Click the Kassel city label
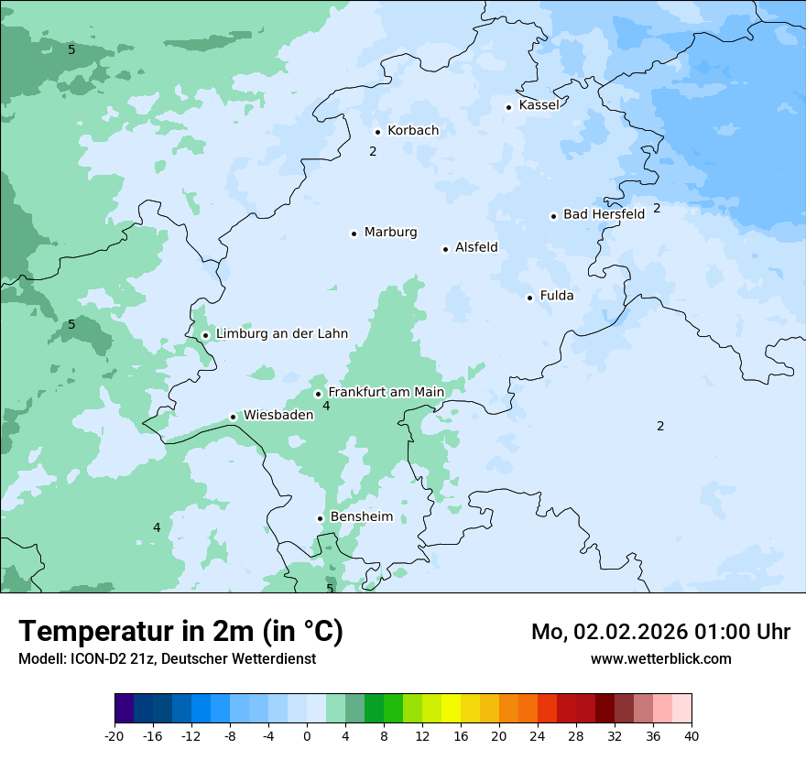(x=539, y=105)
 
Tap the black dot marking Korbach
(x=377, y=132)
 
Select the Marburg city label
(x=390, y=233)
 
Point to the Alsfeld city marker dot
(x=446, y=249)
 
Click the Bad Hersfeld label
(x=604, y=214)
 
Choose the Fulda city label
(x=557, y=296)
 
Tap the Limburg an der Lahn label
(x=281, y=334)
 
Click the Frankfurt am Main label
(x=386, y=392)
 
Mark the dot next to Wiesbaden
(x=234, y=417)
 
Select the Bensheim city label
(x=361, y=517)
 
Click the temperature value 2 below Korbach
(x=373, y=151)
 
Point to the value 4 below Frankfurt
(x=326, y=406)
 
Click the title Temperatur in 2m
(x=180, y=632)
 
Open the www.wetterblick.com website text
(x=660, y=658)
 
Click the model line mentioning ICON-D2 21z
(x=167, y=658)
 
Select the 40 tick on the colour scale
(x=692, y=736)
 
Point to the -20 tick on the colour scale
(x=114, y=736)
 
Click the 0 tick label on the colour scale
(x=307, y=736)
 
